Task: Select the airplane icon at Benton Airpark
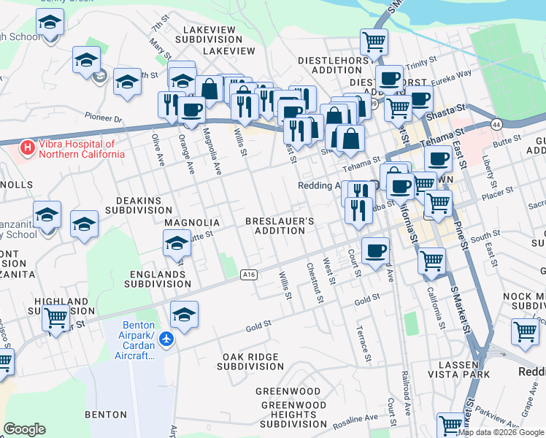click(167, 339)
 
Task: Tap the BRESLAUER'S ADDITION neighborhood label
click(280, 225)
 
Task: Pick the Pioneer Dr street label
click(102, 118)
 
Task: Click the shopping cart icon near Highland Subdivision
click(56, 318)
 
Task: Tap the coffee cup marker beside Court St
click(376, 250)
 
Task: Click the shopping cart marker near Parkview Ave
click(450, 423)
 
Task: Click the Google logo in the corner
click(24, 429)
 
